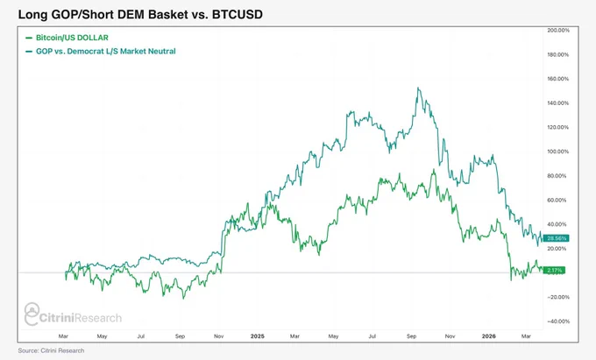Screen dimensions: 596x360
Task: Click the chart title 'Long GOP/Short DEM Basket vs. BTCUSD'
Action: coord(140,15)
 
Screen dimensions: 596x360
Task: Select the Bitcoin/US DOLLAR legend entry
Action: coord(67,38)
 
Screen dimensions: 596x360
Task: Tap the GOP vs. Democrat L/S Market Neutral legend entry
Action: coord(100,52)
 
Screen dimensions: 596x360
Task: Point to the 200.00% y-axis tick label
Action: coord(558,31)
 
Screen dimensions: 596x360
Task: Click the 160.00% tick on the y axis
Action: coord(558,79)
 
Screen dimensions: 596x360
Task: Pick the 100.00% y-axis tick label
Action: coord(558,152)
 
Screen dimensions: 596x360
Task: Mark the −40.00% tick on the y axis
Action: coord(558,321)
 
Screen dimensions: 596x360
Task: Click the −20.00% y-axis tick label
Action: coord(558,297)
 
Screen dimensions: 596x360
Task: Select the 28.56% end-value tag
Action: coord(556,238)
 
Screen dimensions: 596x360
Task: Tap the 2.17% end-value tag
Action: coord(554,271)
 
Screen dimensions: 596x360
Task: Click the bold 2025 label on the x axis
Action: coord(258,336)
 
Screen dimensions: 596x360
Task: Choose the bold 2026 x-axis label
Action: coord(489,336)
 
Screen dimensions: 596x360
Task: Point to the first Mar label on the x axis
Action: coord(63,336)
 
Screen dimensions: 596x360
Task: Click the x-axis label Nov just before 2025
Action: coord(218,336)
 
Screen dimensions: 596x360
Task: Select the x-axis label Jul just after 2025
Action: coord(372,336)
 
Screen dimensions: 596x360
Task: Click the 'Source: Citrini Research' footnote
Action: coord(52,350)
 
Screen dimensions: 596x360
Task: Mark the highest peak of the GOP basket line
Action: coord(418,88)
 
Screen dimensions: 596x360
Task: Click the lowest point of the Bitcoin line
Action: coord(183,299)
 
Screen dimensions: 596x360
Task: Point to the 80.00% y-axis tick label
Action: coord(558,176)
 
